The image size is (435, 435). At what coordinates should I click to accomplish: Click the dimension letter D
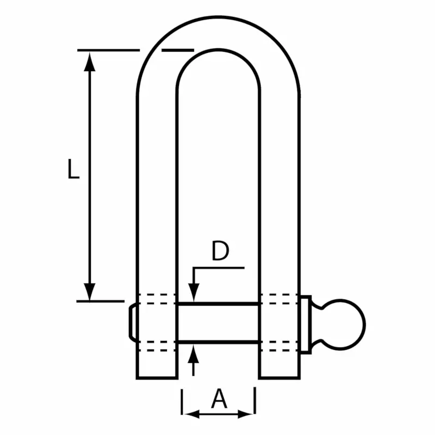click(x=220, y=251)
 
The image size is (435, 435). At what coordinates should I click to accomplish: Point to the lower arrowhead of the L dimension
click(x=90, y=291)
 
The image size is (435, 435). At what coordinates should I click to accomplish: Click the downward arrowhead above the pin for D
click(x=193, y=294)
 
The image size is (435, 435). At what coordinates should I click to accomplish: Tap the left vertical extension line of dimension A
click(x=182, y=402)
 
